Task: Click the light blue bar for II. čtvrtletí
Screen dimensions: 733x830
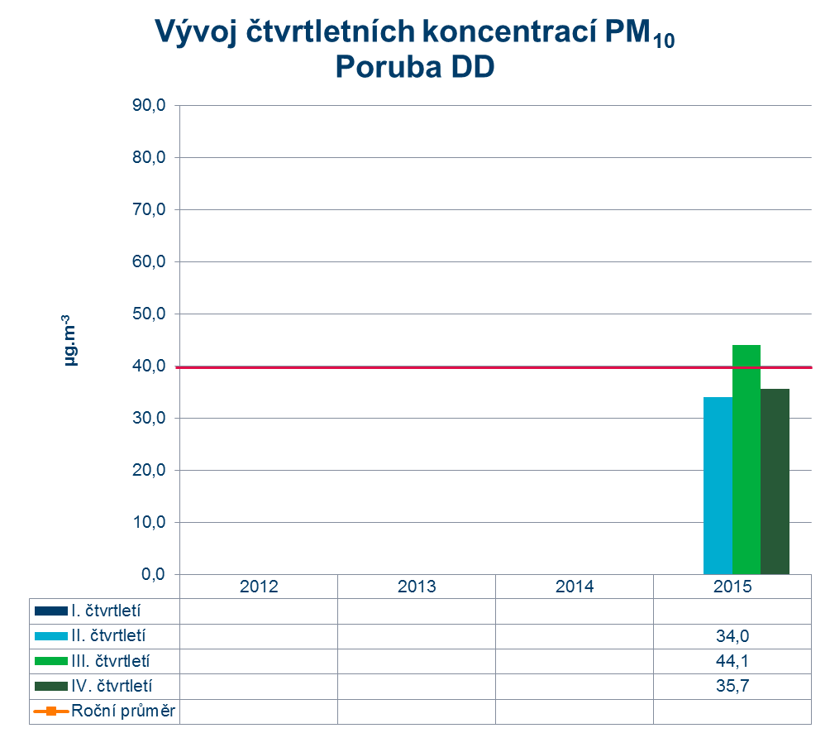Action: tap(718, 486)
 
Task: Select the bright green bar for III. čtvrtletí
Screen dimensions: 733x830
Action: tap(747, 459)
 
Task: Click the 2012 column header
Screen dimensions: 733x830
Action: tap(259, 587)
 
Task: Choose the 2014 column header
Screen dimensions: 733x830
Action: tap(575, 587)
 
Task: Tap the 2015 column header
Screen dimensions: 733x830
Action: tap(732, 587)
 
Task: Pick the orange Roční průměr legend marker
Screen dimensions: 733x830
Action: tap(50, 711)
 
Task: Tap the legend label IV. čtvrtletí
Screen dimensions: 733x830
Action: tap(112, 686)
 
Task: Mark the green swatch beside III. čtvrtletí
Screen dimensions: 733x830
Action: tap(50, 661)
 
